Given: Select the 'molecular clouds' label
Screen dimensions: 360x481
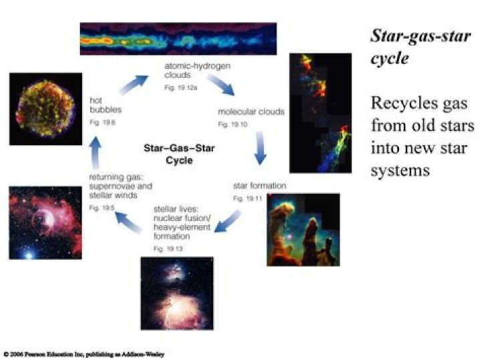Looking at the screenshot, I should (x=251, y=112).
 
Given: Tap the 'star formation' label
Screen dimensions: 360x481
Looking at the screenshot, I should (x=259, y=185).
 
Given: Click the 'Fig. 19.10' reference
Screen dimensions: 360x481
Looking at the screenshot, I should (x=230, y=125).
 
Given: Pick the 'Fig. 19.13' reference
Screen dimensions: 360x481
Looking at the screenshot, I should (x=166, y=248).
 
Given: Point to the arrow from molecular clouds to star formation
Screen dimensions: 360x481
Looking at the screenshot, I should (x=260, y=151).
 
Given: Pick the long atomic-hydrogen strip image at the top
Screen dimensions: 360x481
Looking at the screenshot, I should (x=178, y=39).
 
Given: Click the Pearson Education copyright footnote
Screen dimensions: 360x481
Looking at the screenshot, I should (x=84, y=353).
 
